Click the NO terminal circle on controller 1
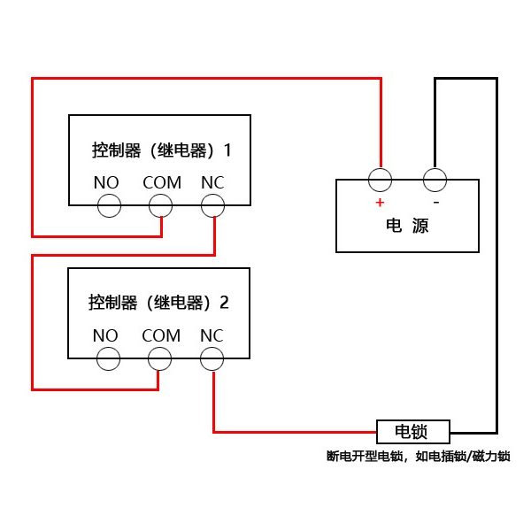pyautogui.click(x=108, y=206)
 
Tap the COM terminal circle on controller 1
pyautogui.click(x=160, y=206)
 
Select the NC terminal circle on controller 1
pyautogui.click(x=212, y=206)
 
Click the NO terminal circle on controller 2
pyautogui.click(x=108, y=358)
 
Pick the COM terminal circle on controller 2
pyautogui.click(x=159, y=358)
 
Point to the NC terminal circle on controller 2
pyautogui.click(x=212, y=358)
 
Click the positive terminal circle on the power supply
pyautogui.click(x=381, y=180)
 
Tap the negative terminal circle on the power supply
pyautogui.click(x=434, y=180)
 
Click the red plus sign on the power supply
pyautogui.click(x=380, y=202)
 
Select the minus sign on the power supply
pyautogui.click(x=435, y=201)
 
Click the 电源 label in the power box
pyautogui.click(x=407, y=226)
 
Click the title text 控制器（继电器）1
pyautogui.click(x=161, y=150)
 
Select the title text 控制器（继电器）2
pyautogui.click(x=159, y=303)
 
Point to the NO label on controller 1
pyautogui.click(x=106, y=182)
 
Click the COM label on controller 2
pyautogui.click(x=161, y=335)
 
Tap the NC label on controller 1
pyautogui.click(x=212, y=182)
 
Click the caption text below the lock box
pyautogui.click(x=418, y=457)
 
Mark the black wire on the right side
pyautogui.click(x=496, y=265)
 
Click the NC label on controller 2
pyautogui.click(x=212, y=335)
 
